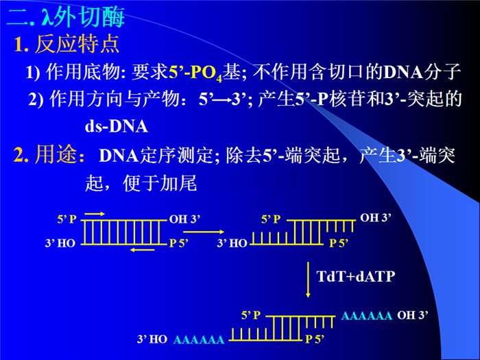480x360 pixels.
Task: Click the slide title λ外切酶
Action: click(83, 17)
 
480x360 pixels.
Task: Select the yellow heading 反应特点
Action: click(77, 44)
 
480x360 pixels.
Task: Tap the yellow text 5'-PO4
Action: click(195, 73)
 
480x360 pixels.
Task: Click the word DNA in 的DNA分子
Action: click(403, 72)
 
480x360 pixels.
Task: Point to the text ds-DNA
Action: click(117, 126)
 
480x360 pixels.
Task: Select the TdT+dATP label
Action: click(356, 276)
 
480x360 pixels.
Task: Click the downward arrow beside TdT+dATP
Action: click(308, 280)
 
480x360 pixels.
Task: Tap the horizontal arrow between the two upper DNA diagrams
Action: click(204, 232)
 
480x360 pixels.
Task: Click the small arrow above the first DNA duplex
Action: click(95, 214)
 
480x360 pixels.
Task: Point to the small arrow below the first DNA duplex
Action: click(143, 250)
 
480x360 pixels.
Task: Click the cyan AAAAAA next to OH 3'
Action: click(366, 315)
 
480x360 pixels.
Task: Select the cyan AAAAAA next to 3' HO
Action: click(199, 340)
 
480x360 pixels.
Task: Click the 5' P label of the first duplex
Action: click(67, 219)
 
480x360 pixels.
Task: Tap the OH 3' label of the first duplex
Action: click(184, 219)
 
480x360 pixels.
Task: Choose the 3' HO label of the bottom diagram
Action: click(152, 339)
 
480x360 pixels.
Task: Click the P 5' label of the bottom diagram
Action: click(315, 339)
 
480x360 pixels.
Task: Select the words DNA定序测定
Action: click(156, 156)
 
